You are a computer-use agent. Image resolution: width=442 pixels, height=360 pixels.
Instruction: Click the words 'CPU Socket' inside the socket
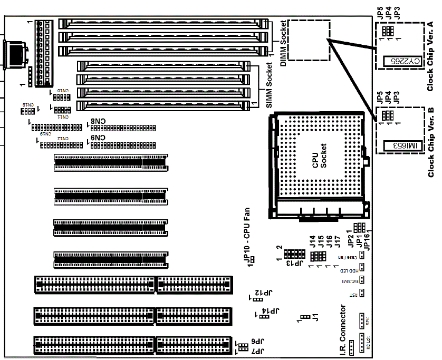click(320, 156)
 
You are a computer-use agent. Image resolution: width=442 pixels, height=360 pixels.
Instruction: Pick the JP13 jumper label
click(289, 262)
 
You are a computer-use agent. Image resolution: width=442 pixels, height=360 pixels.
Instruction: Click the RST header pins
click(362, 293)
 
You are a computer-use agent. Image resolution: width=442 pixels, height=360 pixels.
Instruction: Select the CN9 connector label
click(98, 138)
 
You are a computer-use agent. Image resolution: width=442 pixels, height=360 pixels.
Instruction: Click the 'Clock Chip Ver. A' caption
click(430, 56)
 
